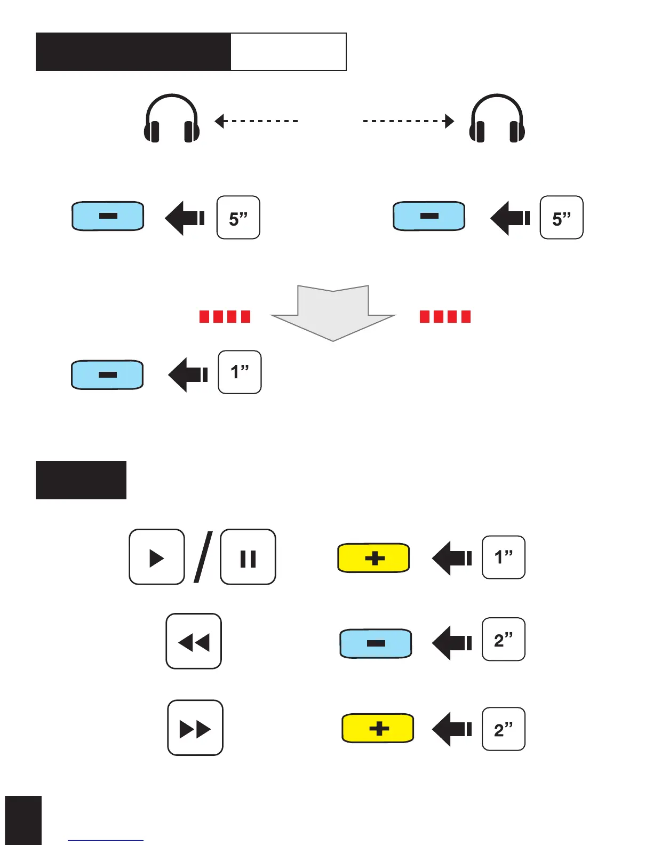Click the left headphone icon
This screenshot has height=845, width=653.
pos(172,119)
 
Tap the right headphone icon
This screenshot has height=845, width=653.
pos(497,119)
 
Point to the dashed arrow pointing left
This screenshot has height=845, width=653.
pos(256,121)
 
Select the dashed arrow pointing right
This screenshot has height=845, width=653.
pos(409,121)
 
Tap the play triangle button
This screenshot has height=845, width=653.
pos(157,557)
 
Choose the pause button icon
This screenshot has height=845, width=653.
pos(248,557)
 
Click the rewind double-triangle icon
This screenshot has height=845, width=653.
pos(194,642)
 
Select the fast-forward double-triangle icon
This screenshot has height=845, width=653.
pos(195,728)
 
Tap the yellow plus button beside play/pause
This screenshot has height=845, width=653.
pos(373,558)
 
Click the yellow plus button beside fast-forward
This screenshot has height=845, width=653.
pos(378,728)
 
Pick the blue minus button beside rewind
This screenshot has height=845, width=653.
pos(376,643)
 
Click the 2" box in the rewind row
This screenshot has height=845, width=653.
pos(504,640)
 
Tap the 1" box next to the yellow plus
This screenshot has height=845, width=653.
pos(504,557)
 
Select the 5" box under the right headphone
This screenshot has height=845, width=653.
pos(562,218)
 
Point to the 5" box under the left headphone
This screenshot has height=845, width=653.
pos(238,218)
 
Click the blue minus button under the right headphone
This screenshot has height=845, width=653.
pos(429,216)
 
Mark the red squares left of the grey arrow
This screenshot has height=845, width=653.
pos(225,317)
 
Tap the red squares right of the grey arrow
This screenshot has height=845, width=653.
pos(445,317)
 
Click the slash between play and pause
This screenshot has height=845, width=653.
pos(203,557)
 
